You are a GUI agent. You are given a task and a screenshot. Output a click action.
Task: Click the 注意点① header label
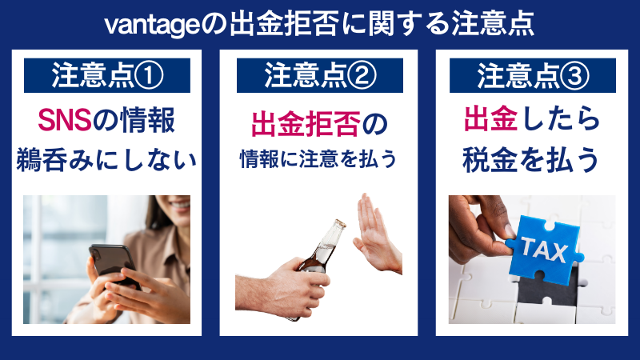tap(107, 76)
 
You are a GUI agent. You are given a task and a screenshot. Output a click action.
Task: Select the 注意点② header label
tap(320, 76)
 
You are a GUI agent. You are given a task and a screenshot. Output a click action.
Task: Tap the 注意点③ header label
tap(532, 76)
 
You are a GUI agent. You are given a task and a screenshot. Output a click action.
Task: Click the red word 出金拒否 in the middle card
tap(301, 125)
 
